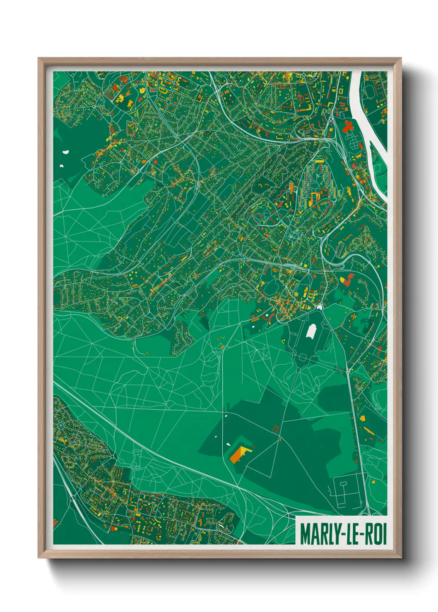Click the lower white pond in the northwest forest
pyautogui.click(x=61, y=166)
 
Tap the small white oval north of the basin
pyautogui.click(x=320, y=307)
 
